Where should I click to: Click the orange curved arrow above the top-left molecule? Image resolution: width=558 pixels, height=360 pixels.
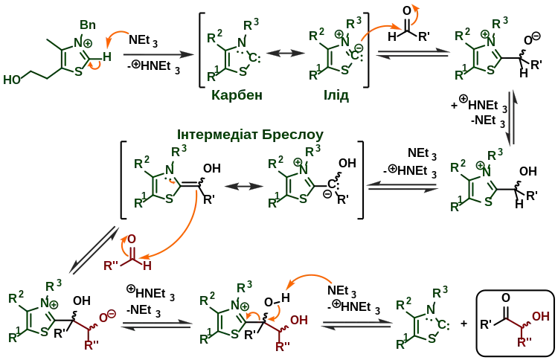pyautogui.click(x=118, y=37)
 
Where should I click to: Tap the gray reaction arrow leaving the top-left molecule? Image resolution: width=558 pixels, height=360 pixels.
pyautogui.click(x=156, y=55)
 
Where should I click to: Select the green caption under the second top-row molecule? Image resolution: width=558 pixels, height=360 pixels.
pyautogui.click(x=235, y=96)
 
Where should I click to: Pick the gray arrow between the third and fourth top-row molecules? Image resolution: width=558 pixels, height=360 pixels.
pyautogui.click(x=414, y=54)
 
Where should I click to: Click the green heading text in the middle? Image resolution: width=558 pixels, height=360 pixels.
pyautogui.click(x=249, y=135)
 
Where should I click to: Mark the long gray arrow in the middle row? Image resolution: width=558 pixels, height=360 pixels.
pyautogui.click(x=403, y=184)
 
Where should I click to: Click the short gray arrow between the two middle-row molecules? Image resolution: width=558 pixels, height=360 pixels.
pyautogui.click(x=240, y=184)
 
